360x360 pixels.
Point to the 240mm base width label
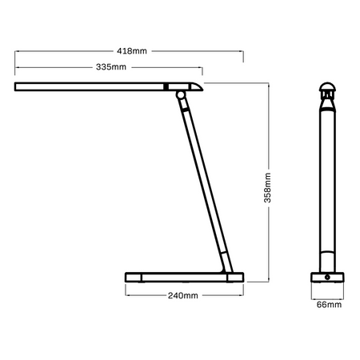[183, 296]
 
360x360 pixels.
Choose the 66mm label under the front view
[328, 305]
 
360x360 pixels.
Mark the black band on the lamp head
[166, 86]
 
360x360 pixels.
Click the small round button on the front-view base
[328, 278]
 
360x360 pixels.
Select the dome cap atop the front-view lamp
[328, 89]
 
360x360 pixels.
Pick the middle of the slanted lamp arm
[202, 184]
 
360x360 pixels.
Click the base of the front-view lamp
[328, 278]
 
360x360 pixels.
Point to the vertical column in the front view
[328, 184]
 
